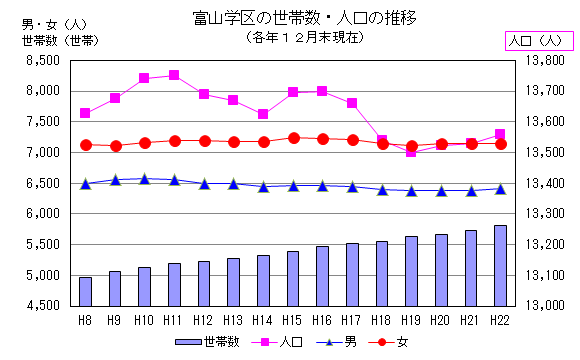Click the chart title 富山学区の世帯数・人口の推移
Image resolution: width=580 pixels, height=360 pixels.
[x=290, y=17]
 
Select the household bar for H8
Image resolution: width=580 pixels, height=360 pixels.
[x=85, y=291]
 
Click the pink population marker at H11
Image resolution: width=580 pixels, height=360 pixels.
[x=174, y=75]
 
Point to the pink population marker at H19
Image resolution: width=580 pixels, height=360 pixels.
[x=412, y=152]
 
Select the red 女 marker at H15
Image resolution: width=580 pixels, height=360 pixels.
[x=293, y=138]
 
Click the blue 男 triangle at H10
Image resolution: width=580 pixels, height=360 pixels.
[x=144, y=179]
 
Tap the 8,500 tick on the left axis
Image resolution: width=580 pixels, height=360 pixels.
[x=42, y=60]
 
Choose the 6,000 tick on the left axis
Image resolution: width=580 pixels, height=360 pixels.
[x=42, y=214]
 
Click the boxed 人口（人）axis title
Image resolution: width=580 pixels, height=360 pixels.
[x=537, y=40]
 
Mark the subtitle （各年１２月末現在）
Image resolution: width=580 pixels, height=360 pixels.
[x=289, y=37]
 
